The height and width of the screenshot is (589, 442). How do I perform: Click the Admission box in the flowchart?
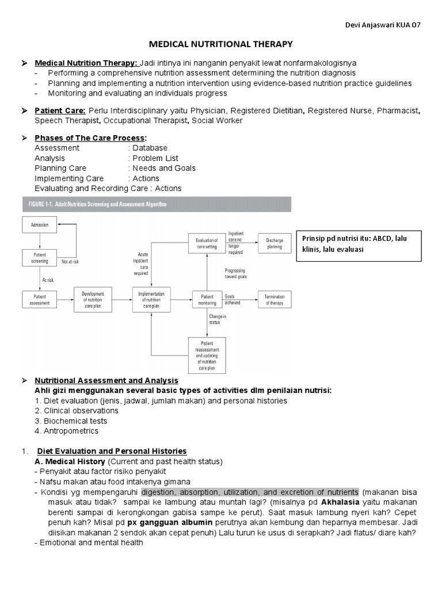(40, 224)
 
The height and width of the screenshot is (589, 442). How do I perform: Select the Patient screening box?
(40, 257)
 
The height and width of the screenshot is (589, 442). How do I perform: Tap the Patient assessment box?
(40, 299)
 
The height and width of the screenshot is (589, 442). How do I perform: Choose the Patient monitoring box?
(206, 299)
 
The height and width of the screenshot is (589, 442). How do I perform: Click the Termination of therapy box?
(275, 299)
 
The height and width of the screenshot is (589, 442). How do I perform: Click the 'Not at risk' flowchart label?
(70, 262)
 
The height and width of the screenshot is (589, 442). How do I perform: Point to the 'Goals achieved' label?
(233, 299)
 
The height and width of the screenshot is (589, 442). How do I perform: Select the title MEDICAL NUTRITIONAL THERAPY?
(221, 44)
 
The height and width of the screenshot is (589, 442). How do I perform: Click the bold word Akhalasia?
(325, 503)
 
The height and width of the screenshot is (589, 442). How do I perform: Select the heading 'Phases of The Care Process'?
(90, 138)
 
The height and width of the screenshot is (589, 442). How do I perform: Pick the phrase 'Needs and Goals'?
(164, 168)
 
